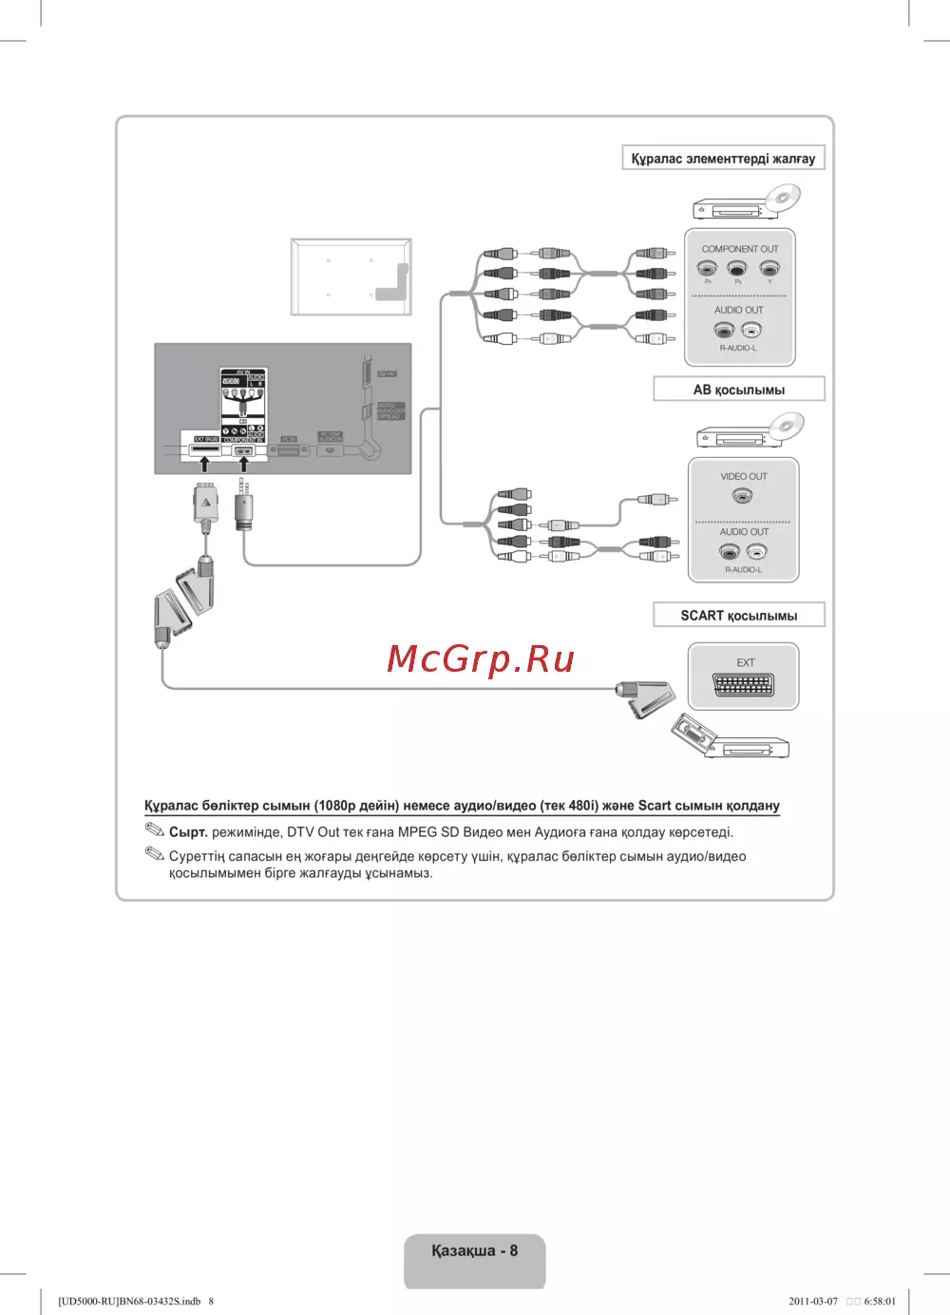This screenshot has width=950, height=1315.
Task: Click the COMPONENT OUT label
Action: coord(739,249)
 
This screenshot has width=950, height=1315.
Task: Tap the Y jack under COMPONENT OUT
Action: coord(769,269)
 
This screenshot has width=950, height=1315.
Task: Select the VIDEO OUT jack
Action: coord(742,496)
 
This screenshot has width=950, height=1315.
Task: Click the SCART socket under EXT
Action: coord(743,684)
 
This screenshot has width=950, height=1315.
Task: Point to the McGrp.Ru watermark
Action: coord(481,658)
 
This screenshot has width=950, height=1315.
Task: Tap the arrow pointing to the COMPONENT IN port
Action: coord(243,464)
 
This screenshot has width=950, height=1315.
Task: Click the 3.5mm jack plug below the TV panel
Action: coord(244,508)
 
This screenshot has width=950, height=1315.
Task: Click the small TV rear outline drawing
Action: coord(351,276)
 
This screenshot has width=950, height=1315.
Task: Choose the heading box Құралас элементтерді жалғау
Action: coord(723,159)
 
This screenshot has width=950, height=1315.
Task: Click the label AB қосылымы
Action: coord(738,390)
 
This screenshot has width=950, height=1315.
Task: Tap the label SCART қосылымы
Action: coord(738,616)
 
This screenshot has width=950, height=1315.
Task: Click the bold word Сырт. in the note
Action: coord(188,832)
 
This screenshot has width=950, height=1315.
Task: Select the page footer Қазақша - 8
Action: coord(474,1250)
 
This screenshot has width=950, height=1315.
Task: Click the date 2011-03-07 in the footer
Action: coord(813,1301)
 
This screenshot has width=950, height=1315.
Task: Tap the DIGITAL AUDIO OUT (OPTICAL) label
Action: coord(390,411)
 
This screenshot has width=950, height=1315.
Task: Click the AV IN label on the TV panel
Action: coord(243,372)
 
